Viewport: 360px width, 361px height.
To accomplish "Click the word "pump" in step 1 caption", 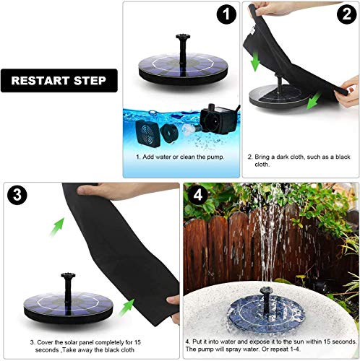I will (x=220, y=156).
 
